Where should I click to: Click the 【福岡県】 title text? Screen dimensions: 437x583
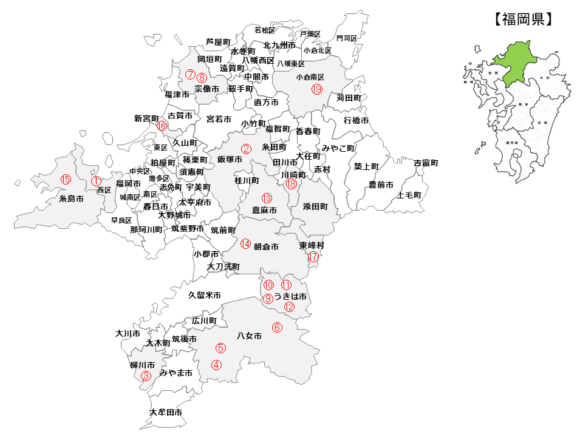point(523,19)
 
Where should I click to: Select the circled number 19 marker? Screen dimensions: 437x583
point(316,89)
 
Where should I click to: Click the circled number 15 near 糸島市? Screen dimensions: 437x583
point(66,179)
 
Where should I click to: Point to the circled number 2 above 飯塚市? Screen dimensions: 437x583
point(246,148)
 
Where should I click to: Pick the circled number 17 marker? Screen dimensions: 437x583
point(313,257)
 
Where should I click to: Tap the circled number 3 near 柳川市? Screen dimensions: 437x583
point(146,376)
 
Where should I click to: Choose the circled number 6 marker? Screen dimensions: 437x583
point(277,327)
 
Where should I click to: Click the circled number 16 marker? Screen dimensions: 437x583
point(162,126)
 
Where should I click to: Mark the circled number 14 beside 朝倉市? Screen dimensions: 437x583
point(245,244)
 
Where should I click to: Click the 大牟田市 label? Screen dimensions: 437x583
point(166,412)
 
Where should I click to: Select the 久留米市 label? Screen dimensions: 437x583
point(204,295)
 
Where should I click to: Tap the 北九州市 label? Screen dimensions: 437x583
point(279,46)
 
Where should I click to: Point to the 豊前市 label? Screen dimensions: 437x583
point(381,185)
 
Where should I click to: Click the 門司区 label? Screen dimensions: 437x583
point(347,38)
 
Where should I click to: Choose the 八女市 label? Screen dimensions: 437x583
point(249,336)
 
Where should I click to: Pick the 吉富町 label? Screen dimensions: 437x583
point(426,163)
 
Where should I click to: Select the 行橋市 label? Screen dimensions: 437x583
point(356,120)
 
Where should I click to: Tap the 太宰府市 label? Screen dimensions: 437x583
point(194,202)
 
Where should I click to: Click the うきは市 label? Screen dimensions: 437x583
point(290,296)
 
